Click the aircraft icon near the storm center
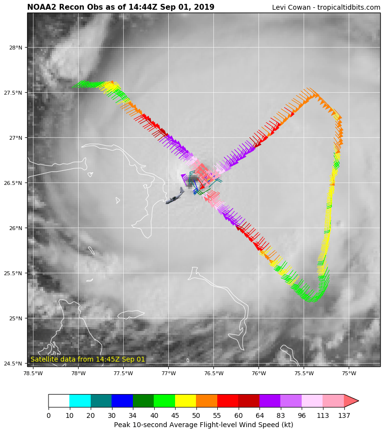pyautogui.click(x=175, y=196)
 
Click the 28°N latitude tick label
pyautogui.click(x=16, y=48)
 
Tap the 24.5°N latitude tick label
pyautogui.click(x=14, y=364)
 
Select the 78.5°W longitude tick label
pyautogui.click(x=33, y=373)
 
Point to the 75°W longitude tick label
pyautogui.click(x=349, y=373)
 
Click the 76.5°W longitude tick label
pyautogui.click(x=213, y=373)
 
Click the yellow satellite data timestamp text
pyautogui.click(x=88, y=359)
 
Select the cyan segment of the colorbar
pyautogui.click(x=80, y=400)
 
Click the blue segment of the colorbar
pyautogui.click(x=122, y=400)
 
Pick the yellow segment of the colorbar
pyautogui.click(x=185, y=400)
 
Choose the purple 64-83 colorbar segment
pyautogui.click(x=270, y=400)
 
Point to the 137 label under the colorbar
pyautogui.click(x=344, y=415)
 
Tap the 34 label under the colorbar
pyautogui.click(x=133, y=415)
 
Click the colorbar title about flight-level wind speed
pyautogui.click(x=204, y=425)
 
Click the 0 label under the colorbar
pyautogui.click(x=48, y=415)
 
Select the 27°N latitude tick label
pyautogui.click(x=16, y=138)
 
